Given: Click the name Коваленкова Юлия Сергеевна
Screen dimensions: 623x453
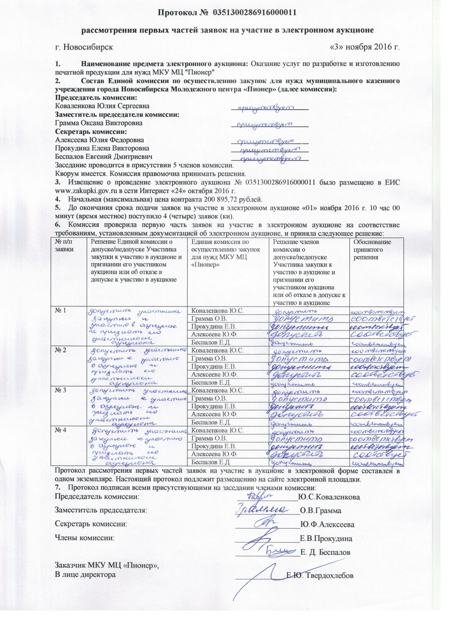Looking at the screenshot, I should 102,106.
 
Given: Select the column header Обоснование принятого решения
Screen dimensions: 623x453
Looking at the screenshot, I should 372,249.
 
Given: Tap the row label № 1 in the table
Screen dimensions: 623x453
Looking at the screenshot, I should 60,311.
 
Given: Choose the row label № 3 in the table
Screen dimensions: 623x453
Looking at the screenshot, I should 60,390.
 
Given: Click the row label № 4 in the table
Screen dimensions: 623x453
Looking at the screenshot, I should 60,430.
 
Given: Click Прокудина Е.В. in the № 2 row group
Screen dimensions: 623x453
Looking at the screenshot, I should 214,367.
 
